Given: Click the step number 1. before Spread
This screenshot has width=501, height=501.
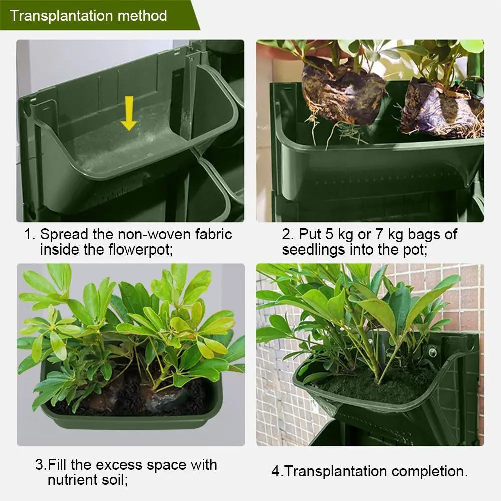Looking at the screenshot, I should click(30, 234).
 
